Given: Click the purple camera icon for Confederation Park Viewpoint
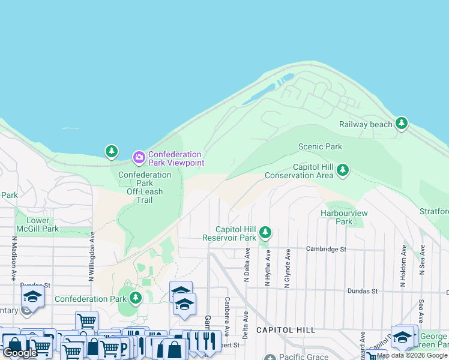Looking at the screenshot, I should [139, 158].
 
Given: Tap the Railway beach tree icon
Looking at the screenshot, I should [402, 124].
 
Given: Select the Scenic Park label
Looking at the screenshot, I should [320, 146].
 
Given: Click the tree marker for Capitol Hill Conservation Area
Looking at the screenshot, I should [342, 170].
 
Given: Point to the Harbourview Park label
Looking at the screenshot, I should [344, 217].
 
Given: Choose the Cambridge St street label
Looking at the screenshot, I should [327, 248].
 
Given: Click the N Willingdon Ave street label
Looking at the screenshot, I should [92, 256].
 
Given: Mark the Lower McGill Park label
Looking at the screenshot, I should [43, 224].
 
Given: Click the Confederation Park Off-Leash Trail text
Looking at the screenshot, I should [144, 187].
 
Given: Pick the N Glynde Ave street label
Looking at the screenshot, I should [288, 269].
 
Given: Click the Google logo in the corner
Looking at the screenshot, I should [20, 353].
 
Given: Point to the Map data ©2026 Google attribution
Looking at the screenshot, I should [412, 355].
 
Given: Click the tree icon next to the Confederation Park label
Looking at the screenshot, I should [136, 298].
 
